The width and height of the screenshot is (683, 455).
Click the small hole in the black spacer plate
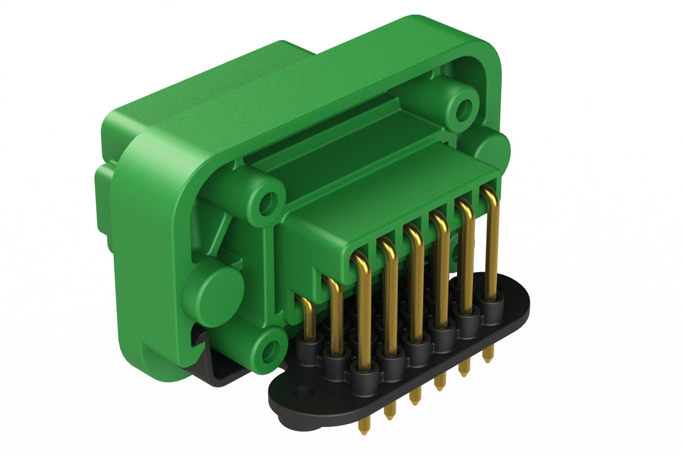click(x=307, y=392)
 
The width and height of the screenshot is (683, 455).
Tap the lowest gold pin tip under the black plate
click(x=364, y=429)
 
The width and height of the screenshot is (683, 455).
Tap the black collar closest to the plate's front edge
click(x=364, y=378)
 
